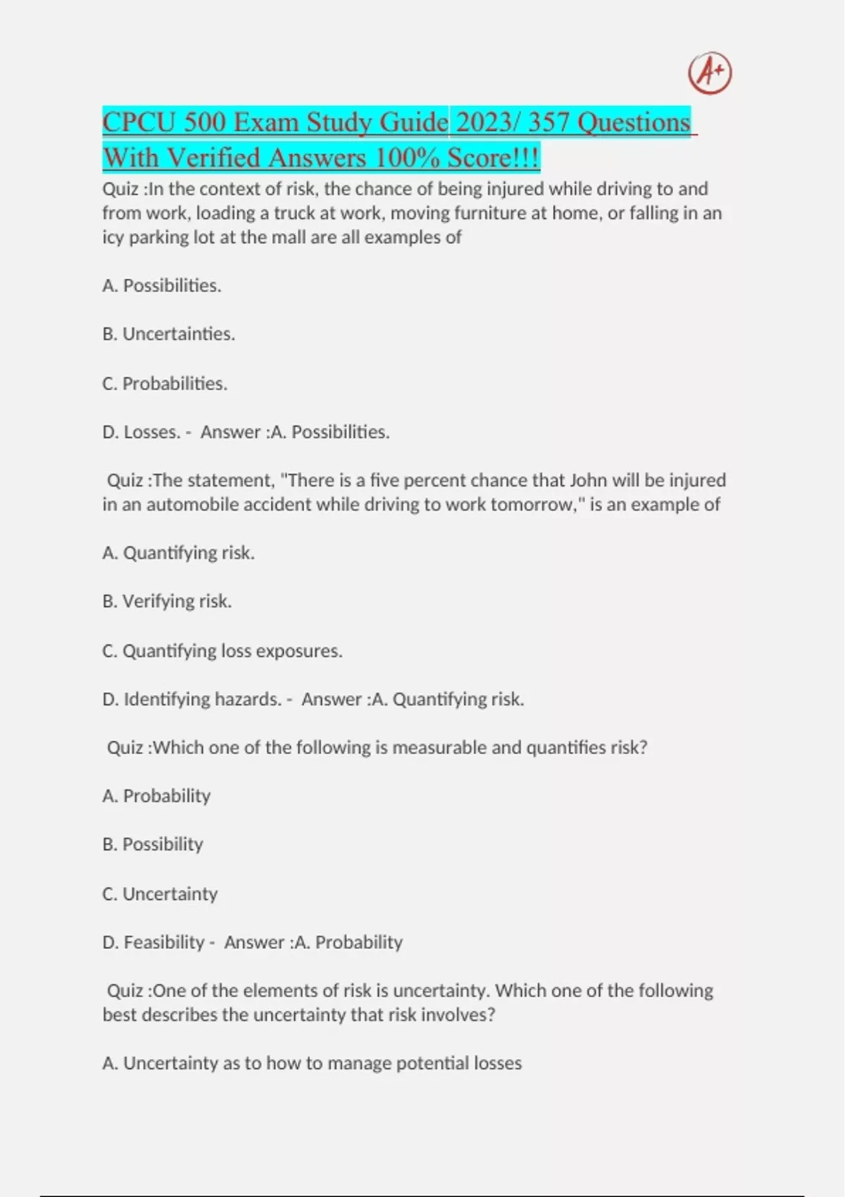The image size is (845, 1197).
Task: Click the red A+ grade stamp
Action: tap(710, 73)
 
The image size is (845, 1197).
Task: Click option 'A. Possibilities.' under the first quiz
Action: tap(162, 286)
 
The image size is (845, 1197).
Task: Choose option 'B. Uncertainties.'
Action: tap(168, 334)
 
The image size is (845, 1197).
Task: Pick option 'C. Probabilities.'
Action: tap(165, 384)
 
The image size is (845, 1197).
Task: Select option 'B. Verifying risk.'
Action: tap(167, 601)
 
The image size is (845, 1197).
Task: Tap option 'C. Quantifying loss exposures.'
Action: tap(222, 651)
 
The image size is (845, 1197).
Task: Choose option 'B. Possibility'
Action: tap(153, 844)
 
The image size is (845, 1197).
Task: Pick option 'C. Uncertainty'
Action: tap(160, 894)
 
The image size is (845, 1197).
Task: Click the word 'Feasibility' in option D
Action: tap(164, 942)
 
